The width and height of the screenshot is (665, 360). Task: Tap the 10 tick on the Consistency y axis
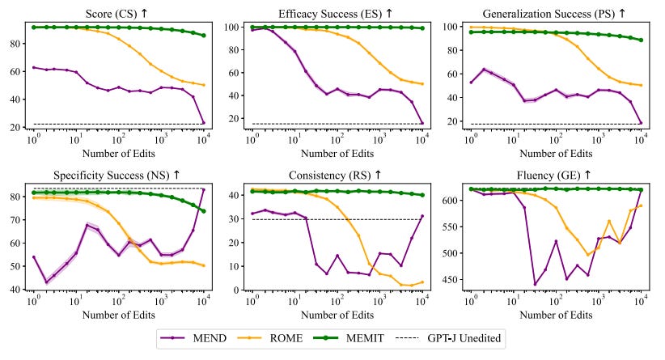(235, 266)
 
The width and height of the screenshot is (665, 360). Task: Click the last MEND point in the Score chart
(203, 122)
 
